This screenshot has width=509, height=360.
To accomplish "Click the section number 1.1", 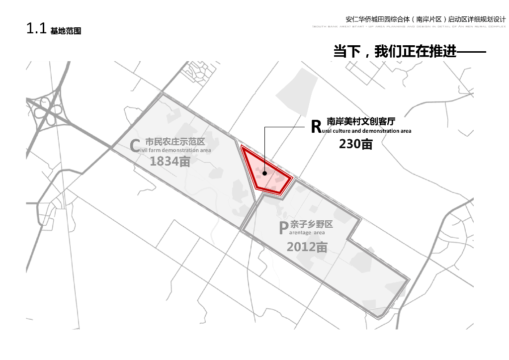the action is pos(36,29).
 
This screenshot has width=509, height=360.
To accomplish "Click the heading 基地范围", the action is pos(66,31).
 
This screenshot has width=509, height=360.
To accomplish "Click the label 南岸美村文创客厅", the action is pos(363,120).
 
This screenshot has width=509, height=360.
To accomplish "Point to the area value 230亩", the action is pos(356,144).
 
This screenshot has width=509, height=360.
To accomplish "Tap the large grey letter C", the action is pos(135,145).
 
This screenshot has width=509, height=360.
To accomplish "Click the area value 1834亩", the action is pos(170,161).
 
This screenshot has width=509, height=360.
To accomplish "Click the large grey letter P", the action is pos(283,228).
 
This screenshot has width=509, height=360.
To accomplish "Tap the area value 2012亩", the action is pos(307,247).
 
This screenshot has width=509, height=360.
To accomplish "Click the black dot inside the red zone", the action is pos(265,174).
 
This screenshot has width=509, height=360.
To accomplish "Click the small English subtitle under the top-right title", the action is pos(409,25).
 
